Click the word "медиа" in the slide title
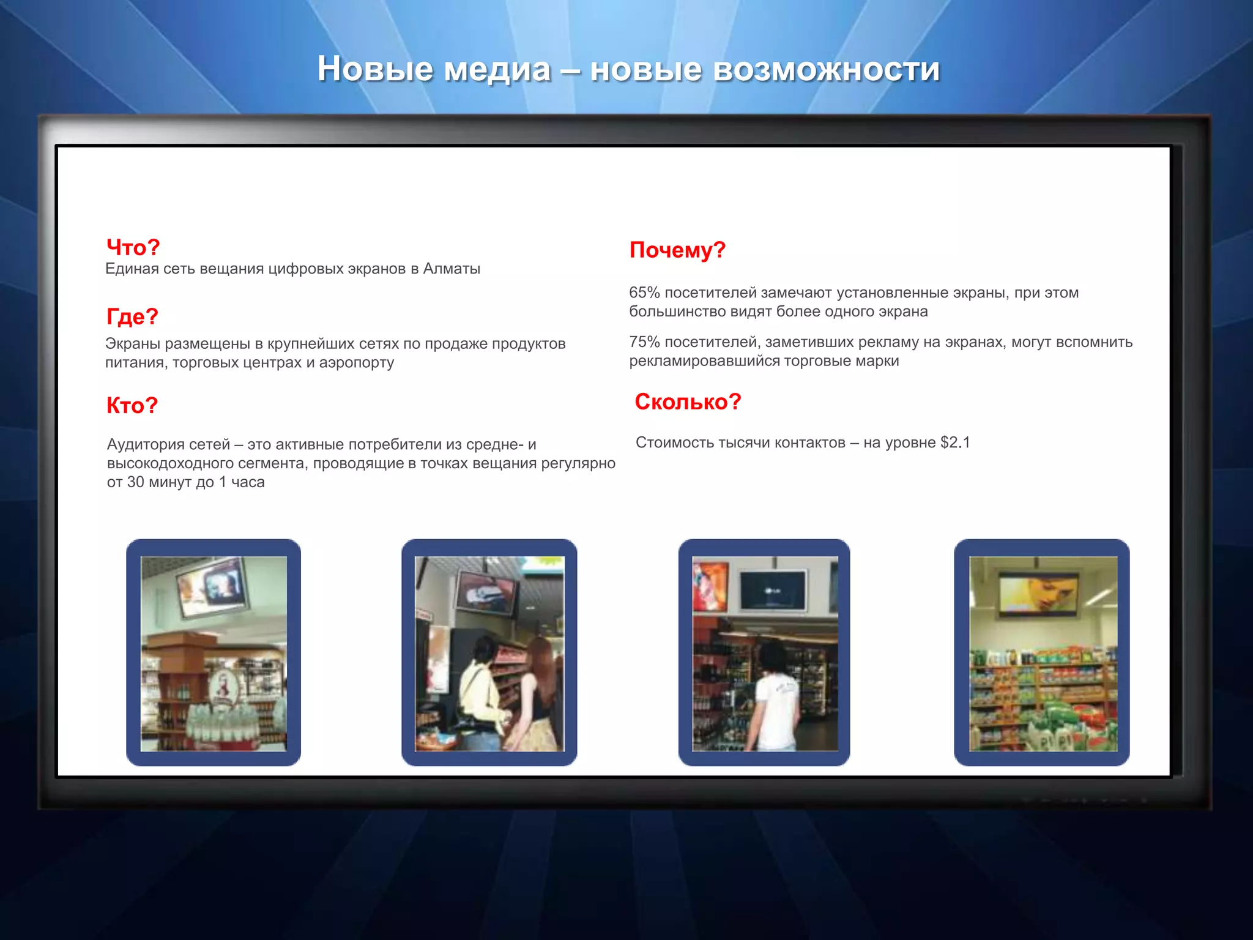tap(496, 69)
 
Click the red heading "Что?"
tap(133, 247)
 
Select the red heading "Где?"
tap(132, 316)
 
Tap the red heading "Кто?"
tap(132, 405)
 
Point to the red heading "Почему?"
tap(677, 250)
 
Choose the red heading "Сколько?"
tap(688, 401)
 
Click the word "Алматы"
tap(452, 269)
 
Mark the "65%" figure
tap(644, 293)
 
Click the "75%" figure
tap(644, 342)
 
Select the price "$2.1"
tap(955, 442)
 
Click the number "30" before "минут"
tap(135, 482)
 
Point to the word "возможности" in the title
tap(826, 69)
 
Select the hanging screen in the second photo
tap(488, 592)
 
